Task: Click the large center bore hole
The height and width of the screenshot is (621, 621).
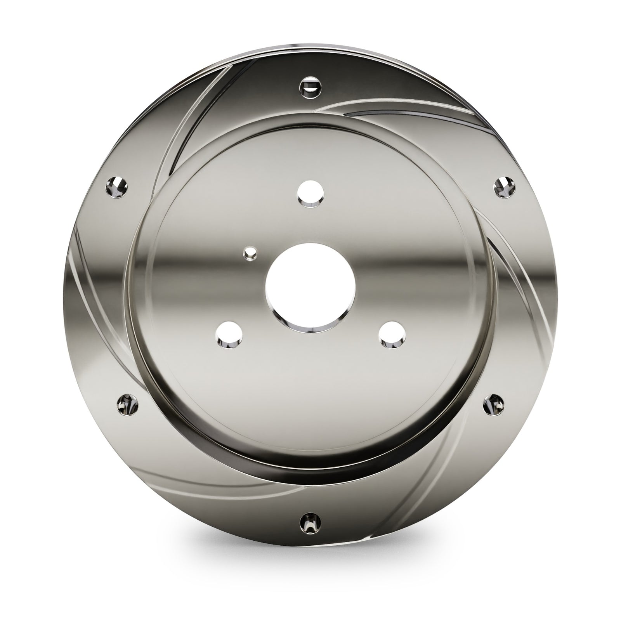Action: pyautogui.click(x=310, y=289)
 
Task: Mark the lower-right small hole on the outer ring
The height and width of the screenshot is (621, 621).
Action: pyautogui.click(x=494, y=406)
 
